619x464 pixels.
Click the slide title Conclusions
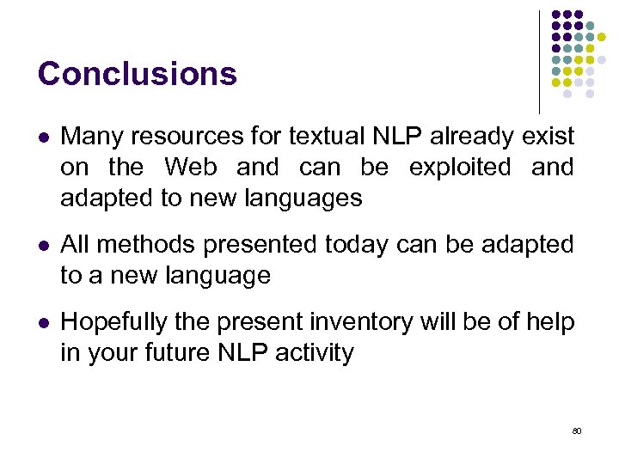click(x=137, y=74)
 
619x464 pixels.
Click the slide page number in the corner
click(x=576, y=430)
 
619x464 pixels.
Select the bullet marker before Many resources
click(x=43, y=137)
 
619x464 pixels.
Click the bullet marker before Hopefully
click(x=43, y=323)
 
